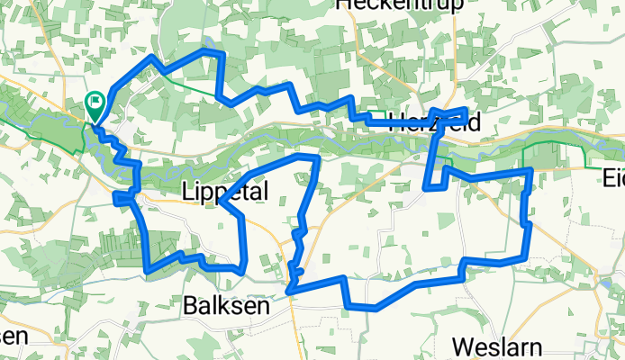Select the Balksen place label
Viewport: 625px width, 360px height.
pos(226,305)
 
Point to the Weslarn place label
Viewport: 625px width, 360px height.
pos(497,346)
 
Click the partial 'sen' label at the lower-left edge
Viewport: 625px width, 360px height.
pos(13,335)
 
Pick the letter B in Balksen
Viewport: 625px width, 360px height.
pos(191,305)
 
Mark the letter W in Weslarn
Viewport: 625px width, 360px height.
pos(461,346)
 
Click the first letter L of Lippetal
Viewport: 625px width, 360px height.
pos(186,192)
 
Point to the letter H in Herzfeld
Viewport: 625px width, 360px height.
pos(395,123)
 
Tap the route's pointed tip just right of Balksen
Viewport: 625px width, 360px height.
pos(288,290)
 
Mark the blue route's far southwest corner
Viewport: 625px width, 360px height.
pos(148,266)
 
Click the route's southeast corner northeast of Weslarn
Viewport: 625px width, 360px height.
pos(527,256)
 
